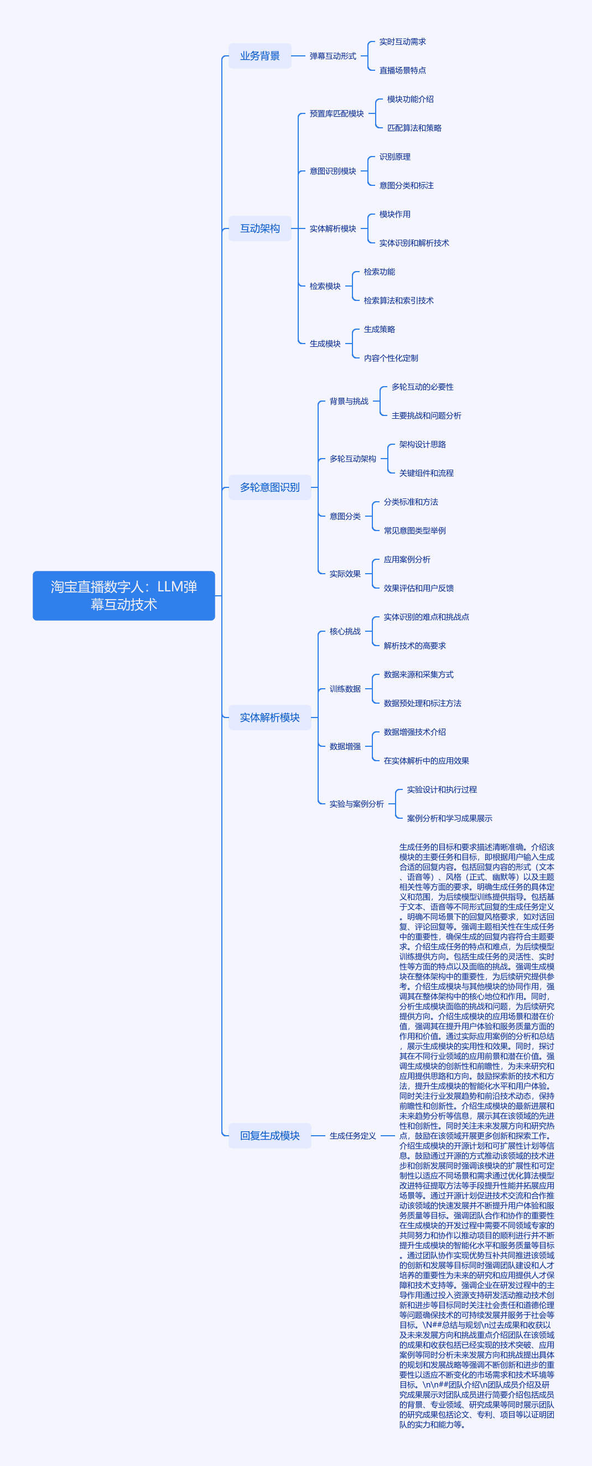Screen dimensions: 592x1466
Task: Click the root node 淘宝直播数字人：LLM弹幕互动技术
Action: (123, 595)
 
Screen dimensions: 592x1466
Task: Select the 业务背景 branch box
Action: (259, 56)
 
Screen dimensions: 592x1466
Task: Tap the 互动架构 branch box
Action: (259, 228)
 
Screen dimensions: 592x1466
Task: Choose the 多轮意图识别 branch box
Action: (270, 487)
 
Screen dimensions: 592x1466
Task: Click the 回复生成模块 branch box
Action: (270, 1135)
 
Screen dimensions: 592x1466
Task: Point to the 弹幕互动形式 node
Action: (333, 56)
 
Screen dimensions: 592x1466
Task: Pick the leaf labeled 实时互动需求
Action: (402, 41)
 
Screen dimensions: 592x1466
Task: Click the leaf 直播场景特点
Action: (402, 70)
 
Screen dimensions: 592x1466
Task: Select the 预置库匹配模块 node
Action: (336, 113)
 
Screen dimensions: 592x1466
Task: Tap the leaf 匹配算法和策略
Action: (414, 127)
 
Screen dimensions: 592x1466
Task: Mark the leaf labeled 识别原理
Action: (395, 157)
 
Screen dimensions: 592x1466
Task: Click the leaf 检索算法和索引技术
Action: (398, 300)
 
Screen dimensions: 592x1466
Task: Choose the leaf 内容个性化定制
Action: (391, 357)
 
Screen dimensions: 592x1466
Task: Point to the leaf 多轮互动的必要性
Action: (422, 387)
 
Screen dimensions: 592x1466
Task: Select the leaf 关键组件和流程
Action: (427, 472)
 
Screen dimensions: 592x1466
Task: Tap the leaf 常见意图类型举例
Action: (414, 530)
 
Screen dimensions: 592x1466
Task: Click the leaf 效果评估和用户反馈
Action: (418, 588)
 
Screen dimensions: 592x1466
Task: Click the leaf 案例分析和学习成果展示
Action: (450, 818)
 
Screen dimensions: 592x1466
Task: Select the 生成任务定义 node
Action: (353, 1135)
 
